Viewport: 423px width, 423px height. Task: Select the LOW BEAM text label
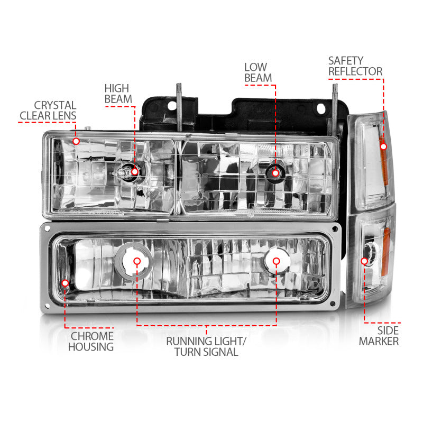click(x=258, y=72)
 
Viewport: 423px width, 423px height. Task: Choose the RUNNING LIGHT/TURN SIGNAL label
click(x=206, y=346)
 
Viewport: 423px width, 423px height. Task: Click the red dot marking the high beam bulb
click(x=135, y=171)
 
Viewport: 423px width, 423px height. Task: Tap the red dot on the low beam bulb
click(x=275, y=171)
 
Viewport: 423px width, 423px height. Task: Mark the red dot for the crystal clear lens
click(x=76, y=141)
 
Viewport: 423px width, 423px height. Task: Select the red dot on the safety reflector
click(x=383, y=146)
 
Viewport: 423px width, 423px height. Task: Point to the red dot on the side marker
click(x=364, y=261)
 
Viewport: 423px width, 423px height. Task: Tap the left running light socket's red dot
click(x=137, y=261)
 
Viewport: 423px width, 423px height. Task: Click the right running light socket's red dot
click(x=275, y=261)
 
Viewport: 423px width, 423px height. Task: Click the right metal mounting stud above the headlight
click(x=334, y=103)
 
